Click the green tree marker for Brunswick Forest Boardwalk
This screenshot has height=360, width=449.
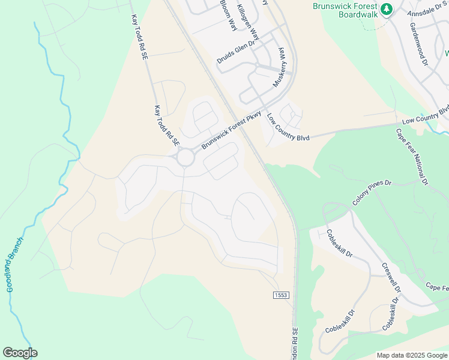387,10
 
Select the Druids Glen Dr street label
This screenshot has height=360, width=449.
237,52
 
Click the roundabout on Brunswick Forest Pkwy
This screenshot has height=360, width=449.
185,158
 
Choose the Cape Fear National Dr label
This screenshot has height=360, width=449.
412,155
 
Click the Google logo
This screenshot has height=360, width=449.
20,353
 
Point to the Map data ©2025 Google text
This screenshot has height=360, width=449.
412,355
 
